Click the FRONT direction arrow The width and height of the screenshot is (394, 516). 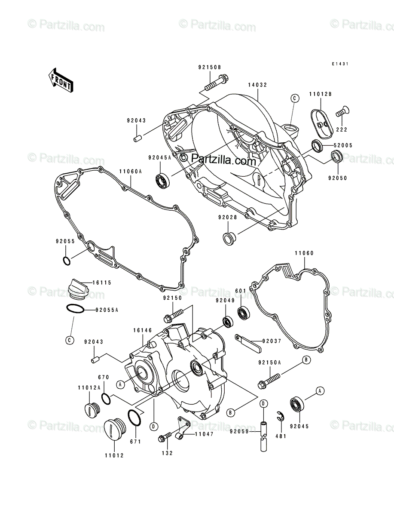[60, 80]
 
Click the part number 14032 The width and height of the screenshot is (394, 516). [257, 85]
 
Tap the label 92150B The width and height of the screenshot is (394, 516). [209, 67]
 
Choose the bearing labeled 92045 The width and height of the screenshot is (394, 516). [296, 404]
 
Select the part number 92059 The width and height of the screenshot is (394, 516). [239, 431]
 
